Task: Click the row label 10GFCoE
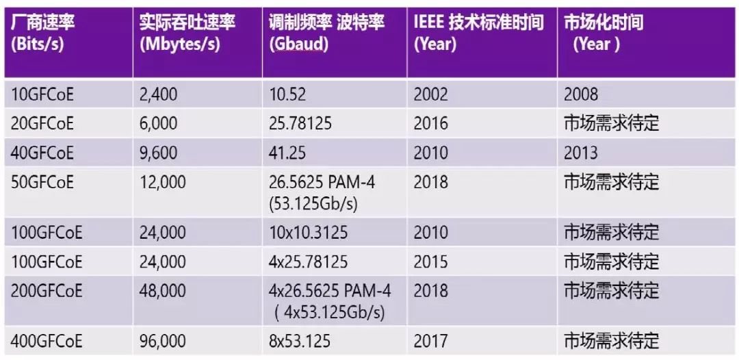tap(42, 94)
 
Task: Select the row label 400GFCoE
tap(47, 339)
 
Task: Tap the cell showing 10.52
tap(287, 94)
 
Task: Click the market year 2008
tap(581, 94)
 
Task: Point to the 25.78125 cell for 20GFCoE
tap(301, 123)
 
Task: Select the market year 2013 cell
tap(581, 153)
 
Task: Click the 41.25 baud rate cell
tap(287, 153)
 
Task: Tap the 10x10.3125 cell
tap(308, 232)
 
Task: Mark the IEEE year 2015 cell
tap(431, 261)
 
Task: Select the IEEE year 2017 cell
tap(431, 339)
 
